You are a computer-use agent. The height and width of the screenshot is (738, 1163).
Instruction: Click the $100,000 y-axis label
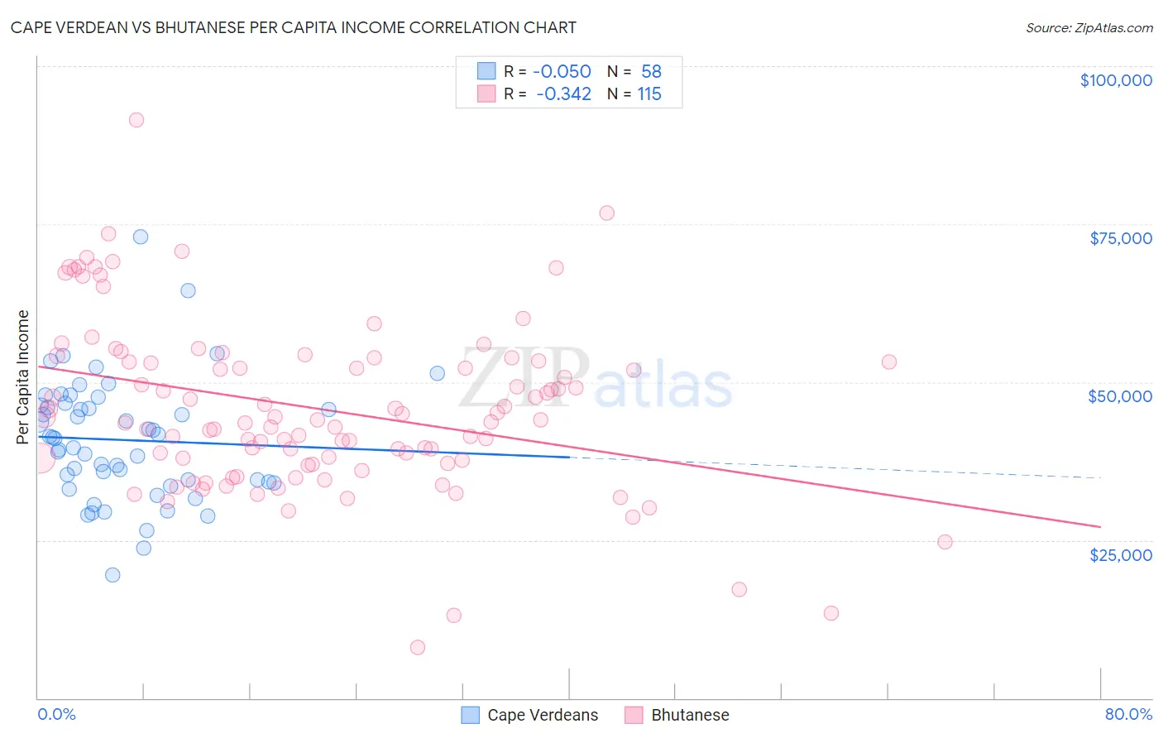(1115, 80)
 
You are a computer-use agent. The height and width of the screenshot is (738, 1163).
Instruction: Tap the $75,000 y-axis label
(1120, 238)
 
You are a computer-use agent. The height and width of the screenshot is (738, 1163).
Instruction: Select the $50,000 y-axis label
(1119, 396)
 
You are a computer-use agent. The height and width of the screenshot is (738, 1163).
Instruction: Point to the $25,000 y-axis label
(1120, 555)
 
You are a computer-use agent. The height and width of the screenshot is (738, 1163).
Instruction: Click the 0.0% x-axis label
(56, 715)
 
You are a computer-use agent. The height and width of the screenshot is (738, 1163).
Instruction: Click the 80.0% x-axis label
(1128, 715)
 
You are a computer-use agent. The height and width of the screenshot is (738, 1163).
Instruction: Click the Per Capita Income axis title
(23, 376)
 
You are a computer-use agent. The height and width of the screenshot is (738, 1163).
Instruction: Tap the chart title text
(293, 27)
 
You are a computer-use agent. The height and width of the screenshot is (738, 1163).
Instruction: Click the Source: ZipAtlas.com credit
(1089, 28)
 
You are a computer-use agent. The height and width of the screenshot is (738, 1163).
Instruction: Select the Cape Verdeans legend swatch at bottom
(471, 716)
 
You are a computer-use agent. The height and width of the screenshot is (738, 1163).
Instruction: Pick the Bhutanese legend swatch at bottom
(634, 716)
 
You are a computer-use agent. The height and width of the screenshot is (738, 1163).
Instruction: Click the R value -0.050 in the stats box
(562, 72)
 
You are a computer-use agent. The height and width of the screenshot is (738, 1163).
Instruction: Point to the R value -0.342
(563, 94)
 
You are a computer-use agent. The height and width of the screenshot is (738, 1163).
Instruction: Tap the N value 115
(649, 94)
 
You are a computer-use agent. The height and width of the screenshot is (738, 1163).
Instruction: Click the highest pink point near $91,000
(136, 120)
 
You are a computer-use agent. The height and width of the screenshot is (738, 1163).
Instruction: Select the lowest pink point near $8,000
(418, 648)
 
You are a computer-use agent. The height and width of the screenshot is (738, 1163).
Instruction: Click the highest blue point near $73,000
(141, 237)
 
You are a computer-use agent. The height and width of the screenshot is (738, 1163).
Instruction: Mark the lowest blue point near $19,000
(112, 575)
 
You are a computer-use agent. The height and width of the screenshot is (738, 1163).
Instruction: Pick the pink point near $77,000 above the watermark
(606, 213)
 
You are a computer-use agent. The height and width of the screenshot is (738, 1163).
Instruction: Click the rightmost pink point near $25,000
(945, 542)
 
